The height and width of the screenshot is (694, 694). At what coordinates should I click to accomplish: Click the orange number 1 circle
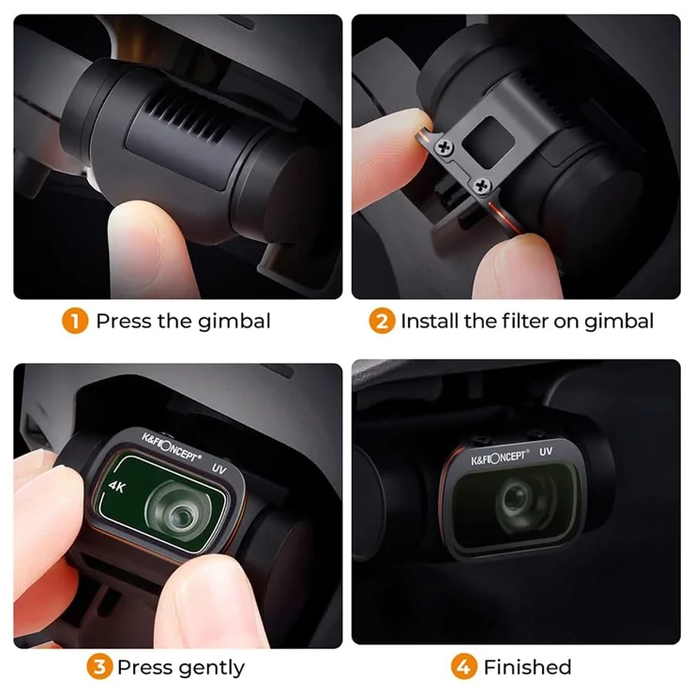point(75,321)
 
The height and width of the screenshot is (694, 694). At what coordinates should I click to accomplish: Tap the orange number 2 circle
point(382,321)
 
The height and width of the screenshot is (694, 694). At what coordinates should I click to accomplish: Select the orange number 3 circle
point(99,667)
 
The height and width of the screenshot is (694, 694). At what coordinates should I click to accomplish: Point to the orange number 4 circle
point(464,667)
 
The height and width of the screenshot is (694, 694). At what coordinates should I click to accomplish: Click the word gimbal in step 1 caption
point(234,322)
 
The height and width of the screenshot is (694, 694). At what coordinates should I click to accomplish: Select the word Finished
point(528,667)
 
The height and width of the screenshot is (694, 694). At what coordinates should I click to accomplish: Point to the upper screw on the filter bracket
point(444,147)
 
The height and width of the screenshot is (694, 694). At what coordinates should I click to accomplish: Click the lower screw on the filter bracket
point(481,186)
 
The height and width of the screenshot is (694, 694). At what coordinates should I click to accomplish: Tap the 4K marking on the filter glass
point(117,487)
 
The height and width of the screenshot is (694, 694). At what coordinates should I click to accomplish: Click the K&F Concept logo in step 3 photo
point(172,448)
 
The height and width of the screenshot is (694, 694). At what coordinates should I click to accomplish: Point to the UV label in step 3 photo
point(219,468)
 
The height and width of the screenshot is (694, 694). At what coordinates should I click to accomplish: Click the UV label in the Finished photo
point(546,451)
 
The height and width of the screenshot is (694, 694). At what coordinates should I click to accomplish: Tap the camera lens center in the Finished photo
point(515,497)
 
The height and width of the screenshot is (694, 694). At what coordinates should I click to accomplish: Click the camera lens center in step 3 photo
point(181,513)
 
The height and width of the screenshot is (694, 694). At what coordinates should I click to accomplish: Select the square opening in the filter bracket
point(489,142)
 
